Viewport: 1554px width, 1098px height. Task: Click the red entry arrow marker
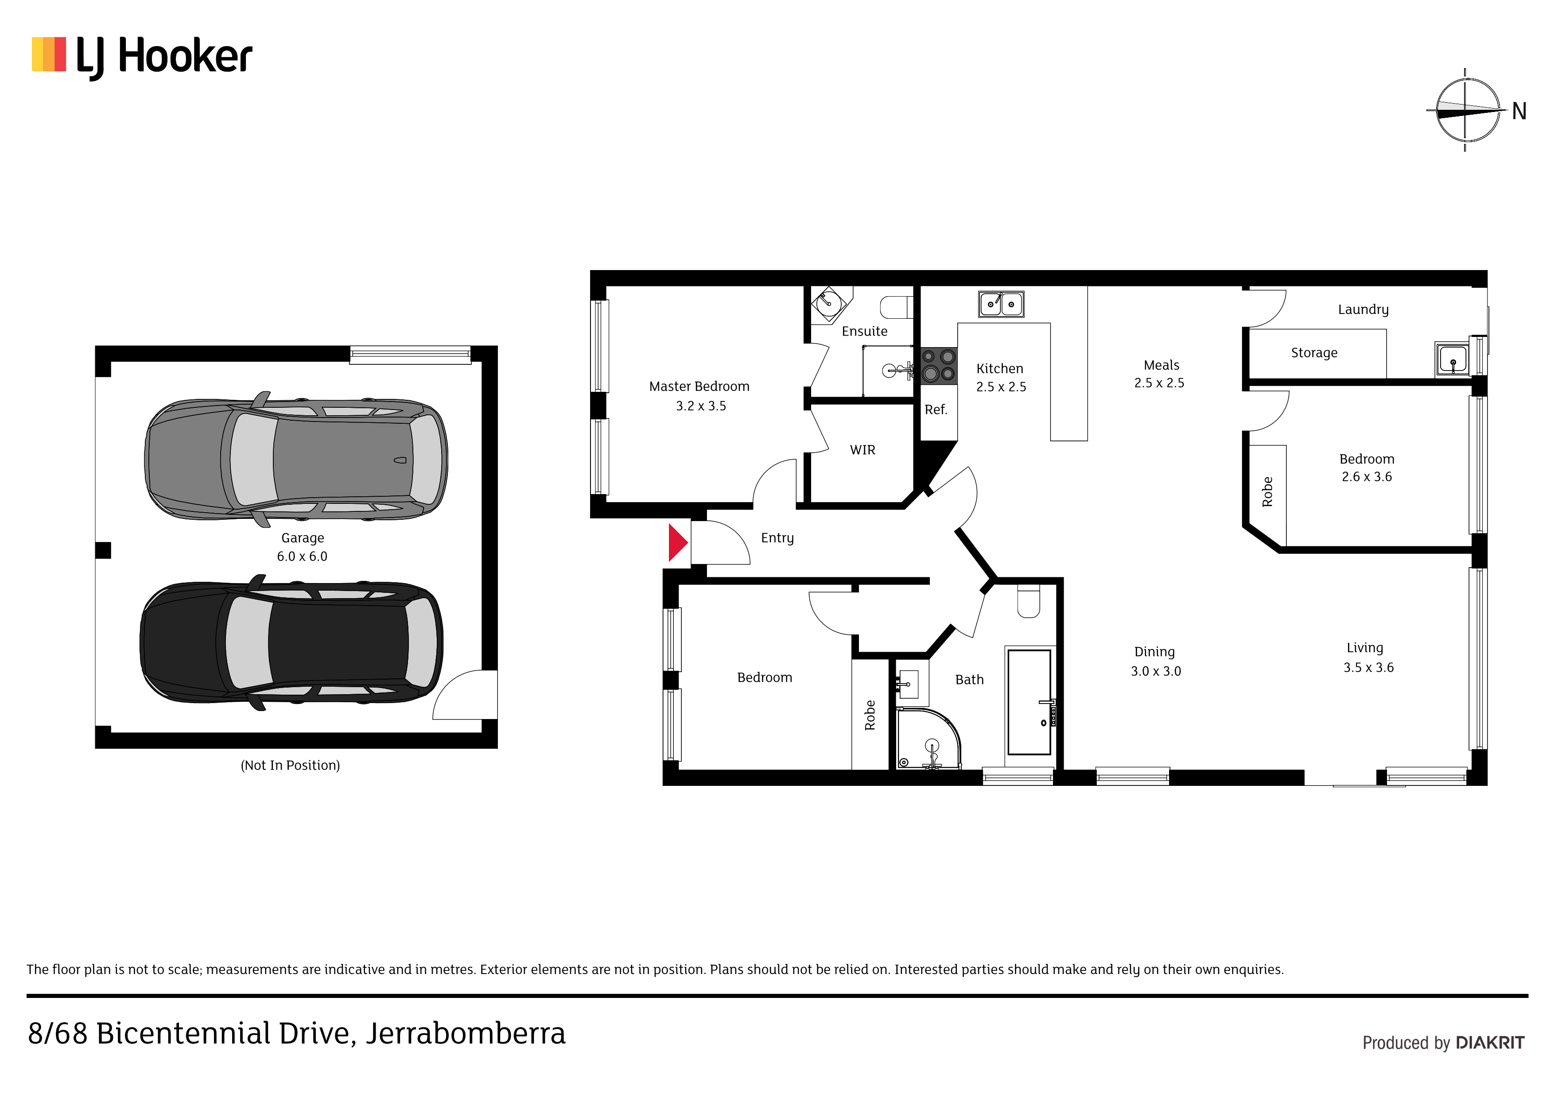tap(677, 542)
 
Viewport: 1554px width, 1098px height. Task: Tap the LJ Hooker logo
tap(142, 57)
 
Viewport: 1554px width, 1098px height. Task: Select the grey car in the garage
tap(296, 459)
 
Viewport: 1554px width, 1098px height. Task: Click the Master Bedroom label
tap(699, 387)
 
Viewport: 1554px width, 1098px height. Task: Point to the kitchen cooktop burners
tap(939, 365)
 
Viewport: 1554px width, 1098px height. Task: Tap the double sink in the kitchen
tap(1001, 304)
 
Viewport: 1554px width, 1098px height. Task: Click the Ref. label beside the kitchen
tap(936, 409)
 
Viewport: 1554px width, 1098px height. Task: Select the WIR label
tap(862, 450)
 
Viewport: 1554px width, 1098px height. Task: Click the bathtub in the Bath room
tap(1029, 702)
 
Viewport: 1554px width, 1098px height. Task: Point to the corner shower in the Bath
tap(928, 739)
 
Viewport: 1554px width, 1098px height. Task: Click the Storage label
tap(1314, 352)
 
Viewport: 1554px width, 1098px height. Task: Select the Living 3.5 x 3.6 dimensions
tap(1368, 667)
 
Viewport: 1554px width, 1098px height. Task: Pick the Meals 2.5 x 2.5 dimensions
tap(1159, 383)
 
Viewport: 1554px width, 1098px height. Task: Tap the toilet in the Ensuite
tap(896, 307)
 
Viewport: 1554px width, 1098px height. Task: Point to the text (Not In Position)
tap(290, 765)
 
